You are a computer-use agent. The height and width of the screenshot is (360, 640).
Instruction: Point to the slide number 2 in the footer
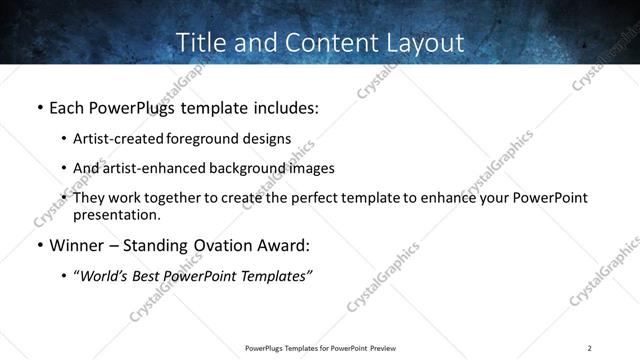pos(589,348)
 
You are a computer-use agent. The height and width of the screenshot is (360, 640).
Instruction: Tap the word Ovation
pos(224,246)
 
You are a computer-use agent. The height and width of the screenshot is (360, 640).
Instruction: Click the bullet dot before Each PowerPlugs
pos(40,106)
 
